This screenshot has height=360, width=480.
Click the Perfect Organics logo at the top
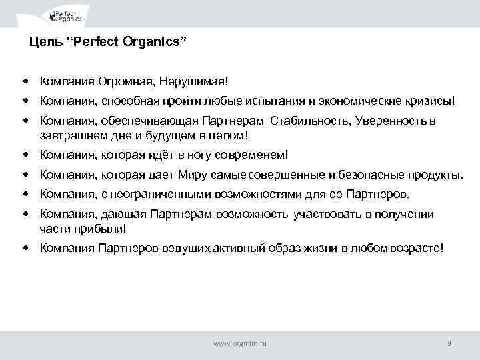click(69, 15)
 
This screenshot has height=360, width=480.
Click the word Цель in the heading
click(43, 43)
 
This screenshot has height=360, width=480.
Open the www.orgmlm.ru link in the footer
click(239, 343)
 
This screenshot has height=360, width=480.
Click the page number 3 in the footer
click(449, 343)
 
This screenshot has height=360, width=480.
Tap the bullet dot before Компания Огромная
click(25, 81)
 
